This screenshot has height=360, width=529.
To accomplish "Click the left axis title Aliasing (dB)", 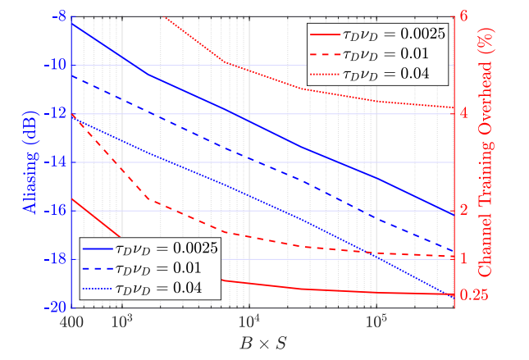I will [30, 165].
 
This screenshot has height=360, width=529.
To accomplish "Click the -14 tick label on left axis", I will [53, 162].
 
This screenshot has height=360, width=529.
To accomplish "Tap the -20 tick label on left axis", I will [53, 308].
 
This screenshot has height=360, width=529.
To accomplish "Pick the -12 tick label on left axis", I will [53, 114].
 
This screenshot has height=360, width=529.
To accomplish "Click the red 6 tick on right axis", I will [463, 16].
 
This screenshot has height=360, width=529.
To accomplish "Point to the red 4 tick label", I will [463, 114].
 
